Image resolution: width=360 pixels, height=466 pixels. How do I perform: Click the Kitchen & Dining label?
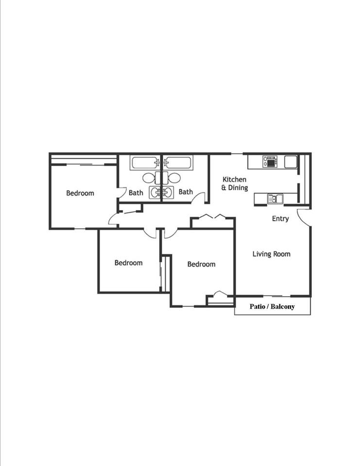[x=235, y=183]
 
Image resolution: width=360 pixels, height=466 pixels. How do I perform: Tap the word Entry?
[x=280, y=219]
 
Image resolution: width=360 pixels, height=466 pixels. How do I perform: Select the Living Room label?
[x=272, y=254]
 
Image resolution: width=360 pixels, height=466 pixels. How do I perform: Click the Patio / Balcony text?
[x=272, y=306]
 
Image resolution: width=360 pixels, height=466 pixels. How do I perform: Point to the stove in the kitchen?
[x=270, y=161]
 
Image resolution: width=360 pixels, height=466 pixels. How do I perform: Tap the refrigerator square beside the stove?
[x=291, y=161]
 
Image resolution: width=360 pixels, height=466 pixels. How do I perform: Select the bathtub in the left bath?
[x=145, y=163]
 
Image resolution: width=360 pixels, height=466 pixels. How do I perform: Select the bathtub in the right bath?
[x=178, y=163]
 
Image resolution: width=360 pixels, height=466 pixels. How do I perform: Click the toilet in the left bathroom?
[x=149, y=178]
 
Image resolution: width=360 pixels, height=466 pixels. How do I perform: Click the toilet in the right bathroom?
[x=174, y=178]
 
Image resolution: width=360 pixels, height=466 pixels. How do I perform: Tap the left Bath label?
[x=136, y=193]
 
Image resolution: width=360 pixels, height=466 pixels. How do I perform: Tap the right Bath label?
[x=186, y=192]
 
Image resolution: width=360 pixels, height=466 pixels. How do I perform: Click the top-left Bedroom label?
[x=80, y=193]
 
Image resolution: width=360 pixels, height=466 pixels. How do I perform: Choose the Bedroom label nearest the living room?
[x=201, y=265]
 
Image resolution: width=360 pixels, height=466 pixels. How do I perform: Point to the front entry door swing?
[x=304, y=217]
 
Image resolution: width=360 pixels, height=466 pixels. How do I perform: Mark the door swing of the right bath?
[x=198, y=198]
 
